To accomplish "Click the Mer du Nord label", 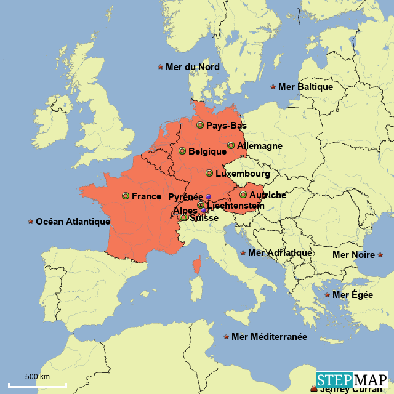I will (x=192, y=67).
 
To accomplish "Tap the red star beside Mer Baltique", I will (x=273, y=87).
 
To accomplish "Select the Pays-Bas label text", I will (x=226, y=126).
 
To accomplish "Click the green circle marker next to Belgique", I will (x=182, y=151).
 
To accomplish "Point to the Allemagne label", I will (x=259, y=146).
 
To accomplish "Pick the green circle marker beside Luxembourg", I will (x=209, y=173).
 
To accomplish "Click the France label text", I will (x=147, y=196).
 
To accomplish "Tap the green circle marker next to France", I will (x=126, y=196).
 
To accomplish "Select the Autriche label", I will (x=267, y=195).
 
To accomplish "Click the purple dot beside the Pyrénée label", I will (x=208, y=196).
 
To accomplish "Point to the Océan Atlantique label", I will (x=73, y=222).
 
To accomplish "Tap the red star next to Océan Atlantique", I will (x=30, y=222).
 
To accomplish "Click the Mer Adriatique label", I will (x=279, y=253).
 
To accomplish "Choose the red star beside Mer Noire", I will (x=380, y=254).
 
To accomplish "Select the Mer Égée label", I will (x=352, y=295).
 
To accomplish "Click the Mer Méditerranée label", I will (x=269, y=337).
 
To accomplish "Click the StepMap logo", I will (x=352, y=379).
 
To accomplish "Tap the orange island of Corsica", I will (x=197, y=266).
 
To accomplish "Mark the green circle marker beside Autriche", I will (x=243, y=195).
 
